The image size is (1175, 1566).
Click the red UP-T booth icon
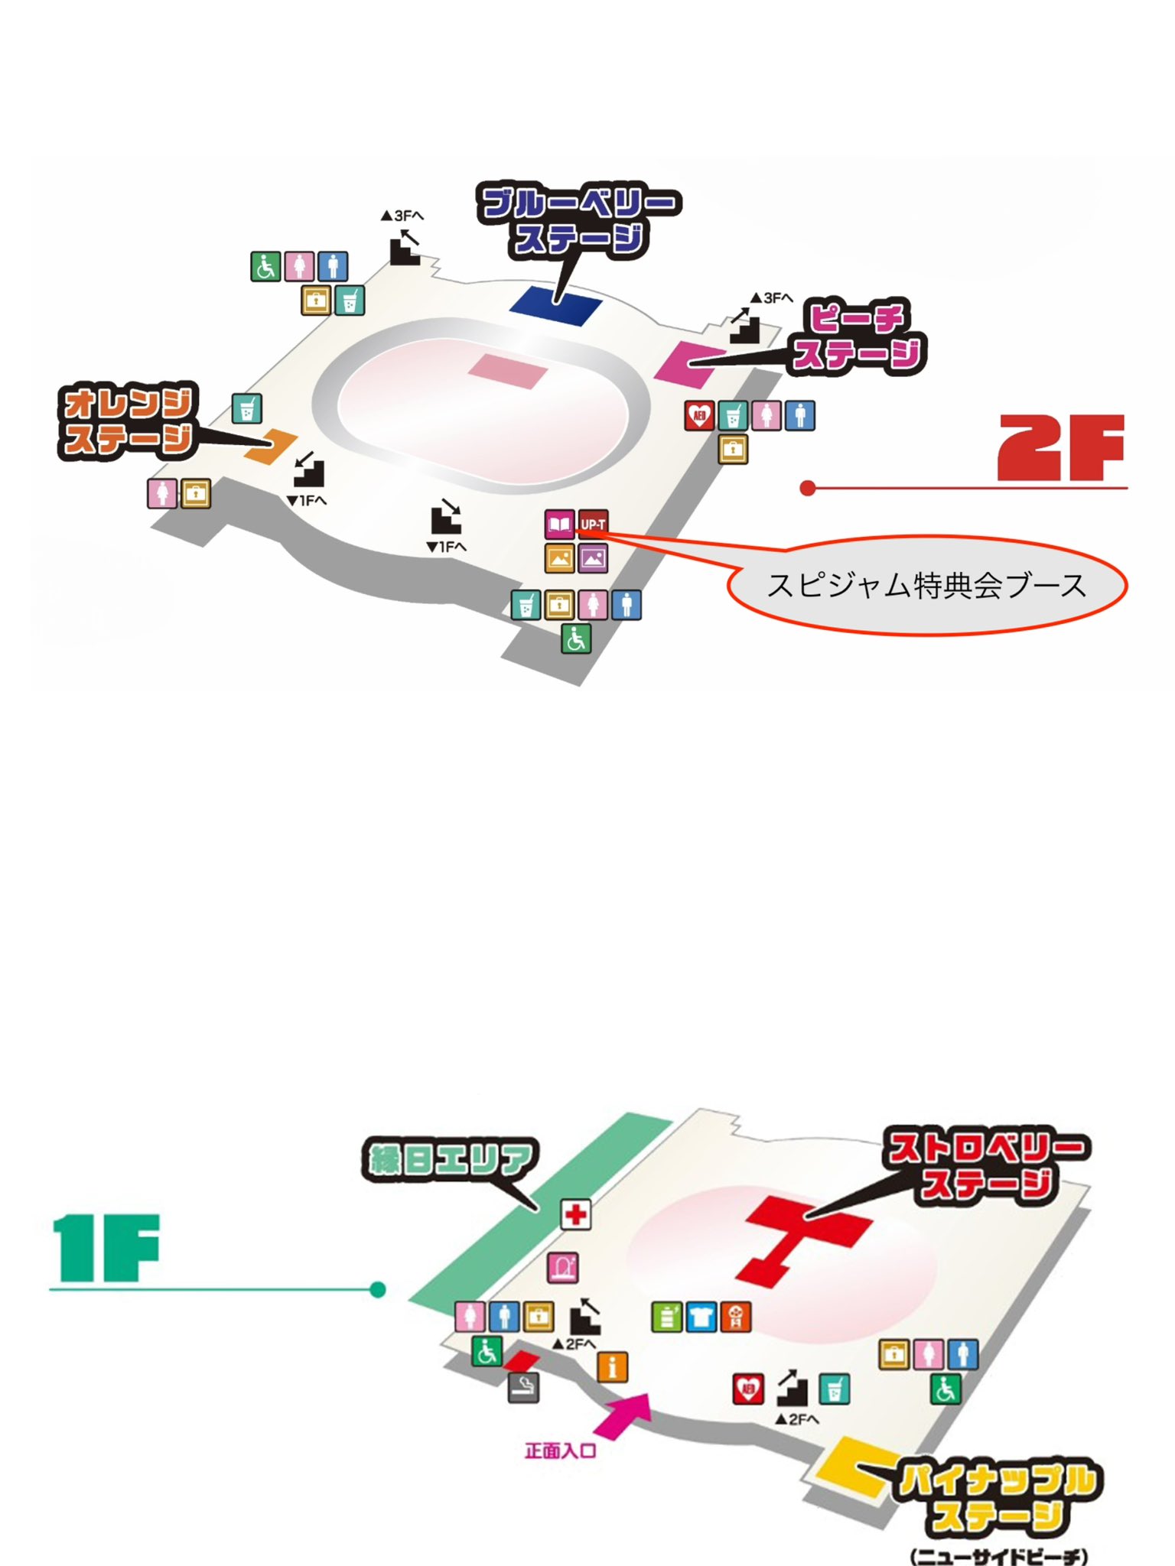[x=593, y=524]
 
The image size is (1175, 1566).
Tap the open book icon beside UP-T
[x=559, y=525]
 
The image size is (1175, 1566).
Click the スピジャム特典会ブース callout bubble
[x=926, y=585]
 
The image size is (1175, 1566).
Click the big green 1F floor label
[x=106, y=1249]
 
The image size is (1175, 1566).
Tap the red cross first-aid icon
[x=576, y=1214]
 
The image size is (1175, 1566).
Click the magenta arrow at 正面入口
[x=623, y=1415]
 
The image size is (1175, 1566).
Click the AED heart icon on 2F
[x=699, y=416]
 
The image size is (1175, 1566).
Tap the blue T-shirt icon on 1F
[x=701, y=1317]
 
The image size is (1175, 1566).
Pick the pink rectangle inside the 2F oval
[x=508, y=371]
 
